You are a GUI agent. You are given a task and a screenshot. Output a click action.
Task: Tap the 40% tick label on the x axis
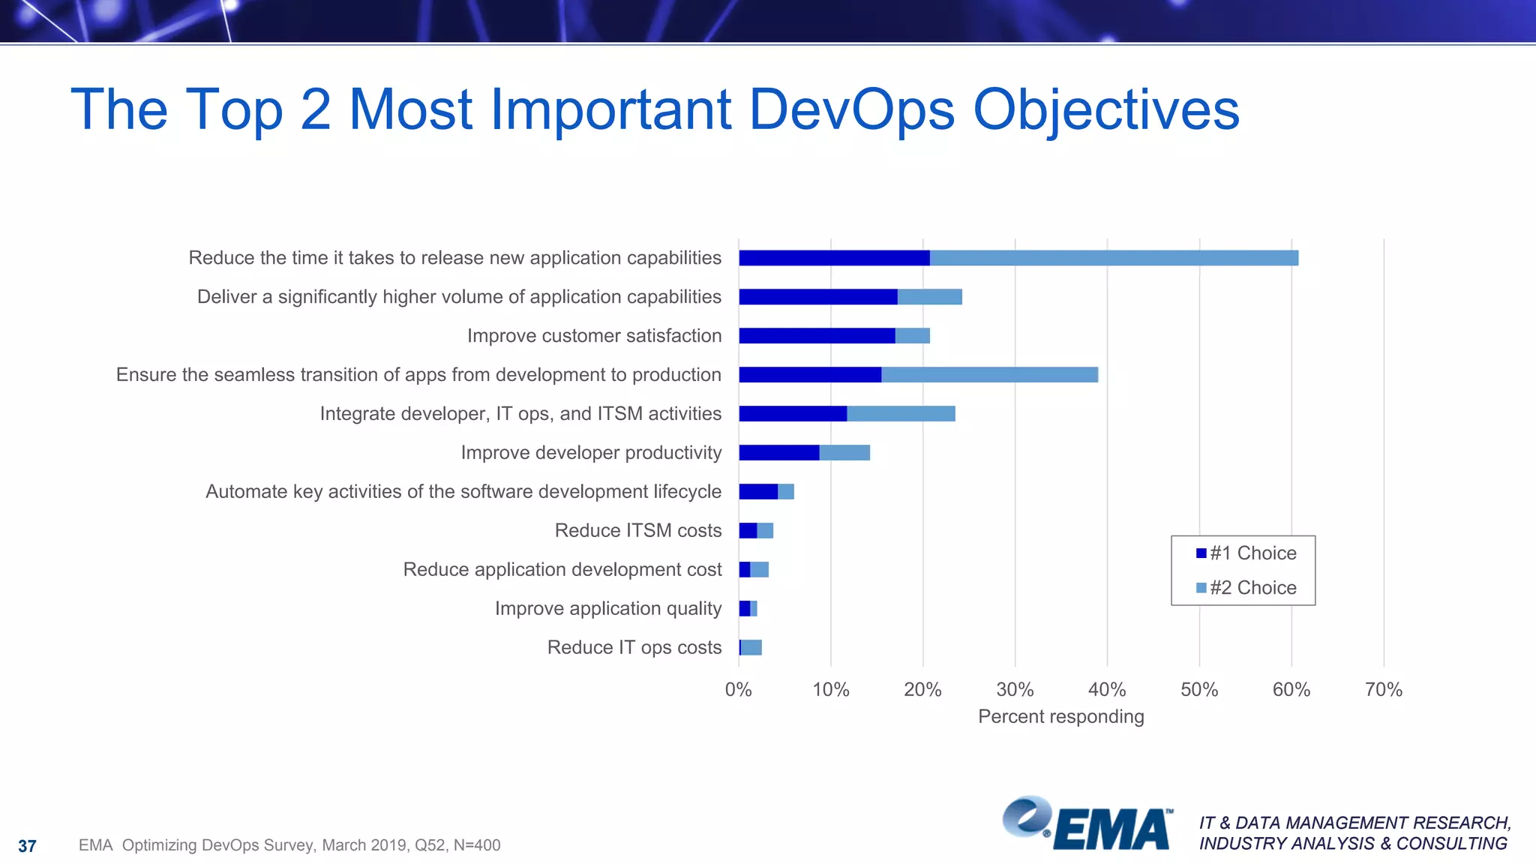click(1106, 690)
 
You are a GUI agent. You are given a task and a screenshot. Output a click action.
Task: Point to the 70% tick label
click(1383, 690)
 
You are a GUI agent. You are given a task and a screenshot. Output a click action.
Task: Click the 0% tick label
click(738, 690)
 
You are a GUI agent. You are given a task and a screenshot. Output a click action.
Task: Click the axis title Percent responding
click(1060, 717)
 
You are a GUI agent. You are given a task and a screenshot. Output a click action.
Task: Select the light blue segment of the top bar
click(1114, 258)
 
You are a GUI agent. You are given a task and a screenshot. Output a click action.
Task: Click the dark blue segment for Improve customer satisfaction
click(817, 336)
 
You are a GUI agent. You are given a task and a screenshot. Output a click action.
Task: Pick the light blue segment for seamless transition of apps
click(989, 375)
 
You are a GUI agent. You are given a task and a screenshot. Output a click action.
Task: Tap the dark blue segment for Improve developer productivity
click(778, 453)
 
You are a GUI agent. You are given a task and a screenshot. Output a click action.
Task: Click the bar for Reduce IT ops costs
click(751, 648)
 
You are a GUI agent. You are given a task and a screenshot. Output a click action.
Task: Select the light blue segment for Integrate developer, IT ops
click(901, 414)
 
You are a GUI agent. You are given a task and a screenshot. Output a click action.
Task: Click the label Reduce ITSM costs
click(637, 531)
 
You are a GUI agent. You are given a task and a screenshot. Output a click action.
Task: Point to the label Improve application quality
click(607, 609)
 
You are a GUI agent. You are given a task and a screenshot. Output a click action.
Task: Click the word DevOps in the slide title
click(851, 110)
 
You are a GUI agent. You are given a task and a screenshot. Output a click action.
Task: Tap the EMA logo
click(1087, 825)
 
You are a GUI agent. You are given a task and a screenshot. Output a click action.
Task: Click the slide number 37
click(27, 847)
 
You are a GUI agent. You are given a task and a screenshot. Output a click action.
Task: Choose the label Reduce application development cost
click(562, 570)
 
